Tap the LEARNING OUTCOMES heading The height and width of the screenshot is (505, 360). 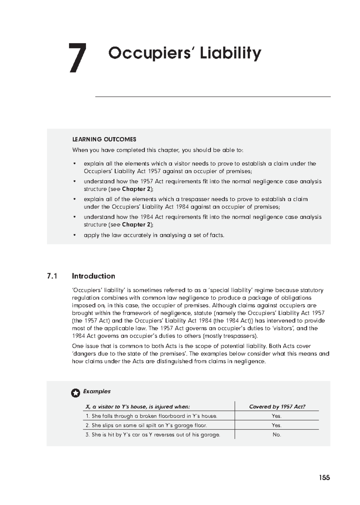pos(104,139)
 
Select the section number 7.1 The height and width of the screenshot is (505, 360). pos(52,276)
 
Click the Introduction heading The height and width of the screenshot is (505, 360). pos(93,276)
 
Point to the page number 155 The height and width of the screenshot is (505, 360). pos(324,478)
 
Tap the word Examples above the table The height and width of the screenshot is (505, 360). pos(97,391)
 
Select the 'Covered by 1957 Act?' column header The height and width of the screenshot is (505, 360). pos(277,407)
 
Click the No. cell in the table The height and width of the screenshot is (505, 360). pos(277,435)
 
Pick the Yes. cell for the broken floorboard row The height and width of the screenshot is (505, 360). pos(277,416)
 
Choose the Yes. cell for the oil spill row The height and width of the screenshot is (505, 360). pos(277,425)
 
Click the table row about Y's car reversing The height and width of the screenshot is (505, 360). pos(153,435)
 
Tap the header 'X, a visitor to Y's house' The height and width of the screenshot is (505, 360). pos(137,407)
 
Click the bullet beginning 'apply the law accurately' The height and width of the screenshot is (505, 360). pos(154,235)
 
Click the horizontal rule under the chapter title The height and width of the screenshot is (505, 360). pos(213,97)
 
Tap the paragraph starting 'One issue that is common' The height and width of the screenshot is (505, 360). pos(200,354)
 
